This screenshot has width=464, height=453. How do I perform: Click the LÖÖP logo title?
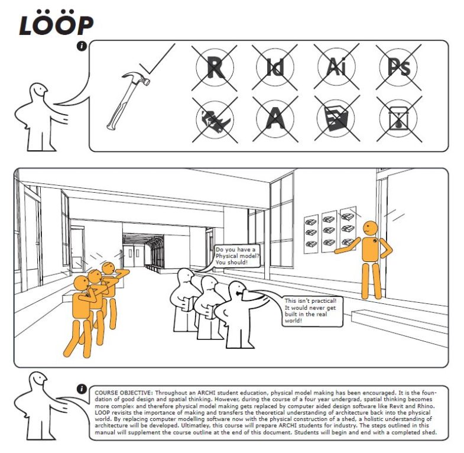(56, 23)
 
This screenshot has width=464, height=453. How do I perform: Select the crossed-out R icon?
(215, 67)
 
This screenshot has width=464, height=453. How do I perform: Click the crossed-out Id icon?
(275, 67)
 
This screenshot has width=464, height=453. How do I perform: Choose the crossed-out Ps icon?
(398, 67)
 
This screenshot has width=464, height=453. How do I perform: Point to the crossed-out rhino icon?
(215, 119)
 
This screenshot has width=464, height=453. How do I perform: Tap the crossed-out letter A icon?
(275, 119)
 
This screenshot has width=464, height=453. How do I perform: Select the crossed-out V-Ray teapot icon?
(399, 119)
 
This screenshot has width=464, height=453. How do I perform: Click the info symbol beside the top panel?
(82, 46)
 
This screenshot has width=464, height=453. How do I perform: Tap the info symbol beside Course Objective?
(82, 389)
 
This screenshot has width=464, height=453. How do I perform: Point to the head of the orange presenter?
(370, 228)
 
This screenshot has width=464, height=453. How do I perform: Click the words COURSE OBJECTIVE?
(124, 393)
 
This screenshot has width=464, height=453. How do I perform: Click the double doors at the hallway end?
(134, 255)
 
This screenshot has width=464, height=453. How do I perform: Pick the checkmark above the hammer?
(159, 59)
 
